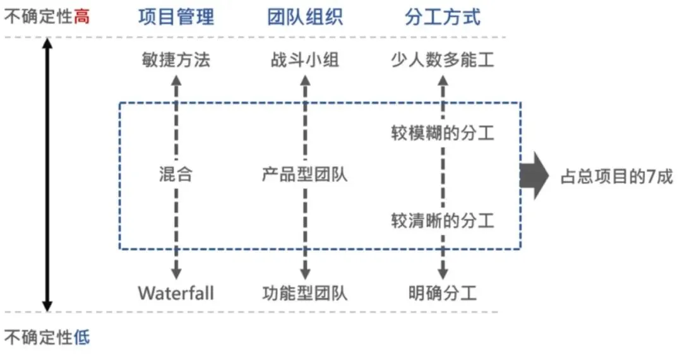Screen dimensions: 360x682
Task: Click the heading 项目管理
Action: pos(176,16)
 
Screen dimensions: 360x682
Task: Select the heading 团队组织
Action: pos(305,16)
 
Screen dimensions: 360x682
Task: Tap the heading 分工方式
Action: pos(442,16)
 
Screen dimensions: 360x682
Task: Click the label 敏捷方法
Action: pos(176,61)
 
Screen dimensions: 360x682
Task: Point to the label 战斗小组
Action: pos(305,61)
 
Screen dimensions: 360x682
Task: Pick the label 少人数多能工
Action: pos(442,61)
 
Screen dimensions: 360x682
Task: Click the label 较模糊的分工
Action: pos(442,134)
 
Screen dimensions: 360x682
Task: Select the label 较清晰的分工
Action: pos(442,220)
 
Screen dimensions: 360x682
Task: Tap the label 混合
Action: pos(176,174)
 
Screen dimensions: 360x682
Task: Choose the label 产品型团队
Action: pos(305,174)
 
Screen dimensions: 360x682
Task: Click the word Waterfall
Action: pos(176,293)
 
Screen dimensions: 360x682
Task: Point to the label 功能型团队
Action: pos(305,293)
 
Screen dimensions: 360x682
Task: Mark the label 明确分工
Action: pos(442,293)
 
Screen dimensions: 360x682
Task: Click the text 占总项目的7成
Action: pos(616,177)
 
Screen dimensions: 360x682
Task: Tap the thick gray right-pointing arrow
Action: pos(534,176)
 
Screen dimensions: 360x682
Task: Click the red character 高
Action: pos(81,16)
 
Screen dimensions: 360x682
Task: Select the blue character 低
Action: pos(81,338)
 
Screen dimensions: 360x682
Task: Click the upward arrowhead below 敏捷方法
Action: pos(176,80)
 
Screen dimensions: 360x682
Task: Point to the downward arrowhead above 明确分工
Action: pos(442,273)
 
